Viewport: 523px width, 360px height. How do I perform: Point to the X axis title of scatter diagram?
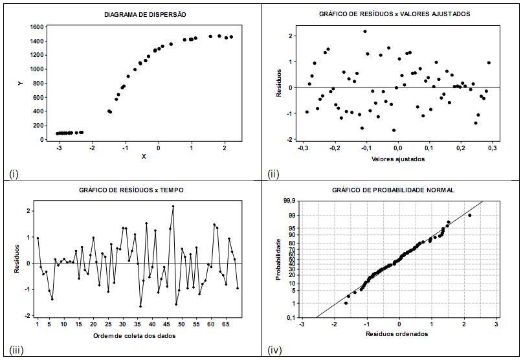143,157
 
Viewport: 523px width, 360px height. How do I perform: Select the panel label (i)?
13,173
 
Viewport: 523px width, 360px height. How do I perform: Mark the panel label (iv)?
274,350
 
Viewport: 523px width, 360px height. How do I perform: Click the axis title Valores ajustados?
399,159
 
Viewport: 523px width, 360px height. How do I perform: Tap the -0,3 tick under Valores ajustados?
302,148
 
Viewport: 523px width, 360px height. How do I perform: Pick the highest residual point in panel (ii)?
365,31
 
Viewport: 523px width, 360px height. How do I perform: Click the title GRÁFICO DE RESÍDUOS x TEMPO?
133,190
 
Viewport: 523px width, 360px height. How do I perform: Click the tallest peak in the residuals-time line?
173,207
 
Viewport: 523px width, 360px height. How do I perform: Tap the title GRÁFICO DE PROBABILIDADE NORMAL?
392,190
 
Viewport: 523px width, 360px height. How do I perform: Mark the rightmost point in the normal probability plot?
470,215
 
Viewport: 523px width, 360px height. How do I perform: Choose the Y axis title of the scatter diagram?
22,84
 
